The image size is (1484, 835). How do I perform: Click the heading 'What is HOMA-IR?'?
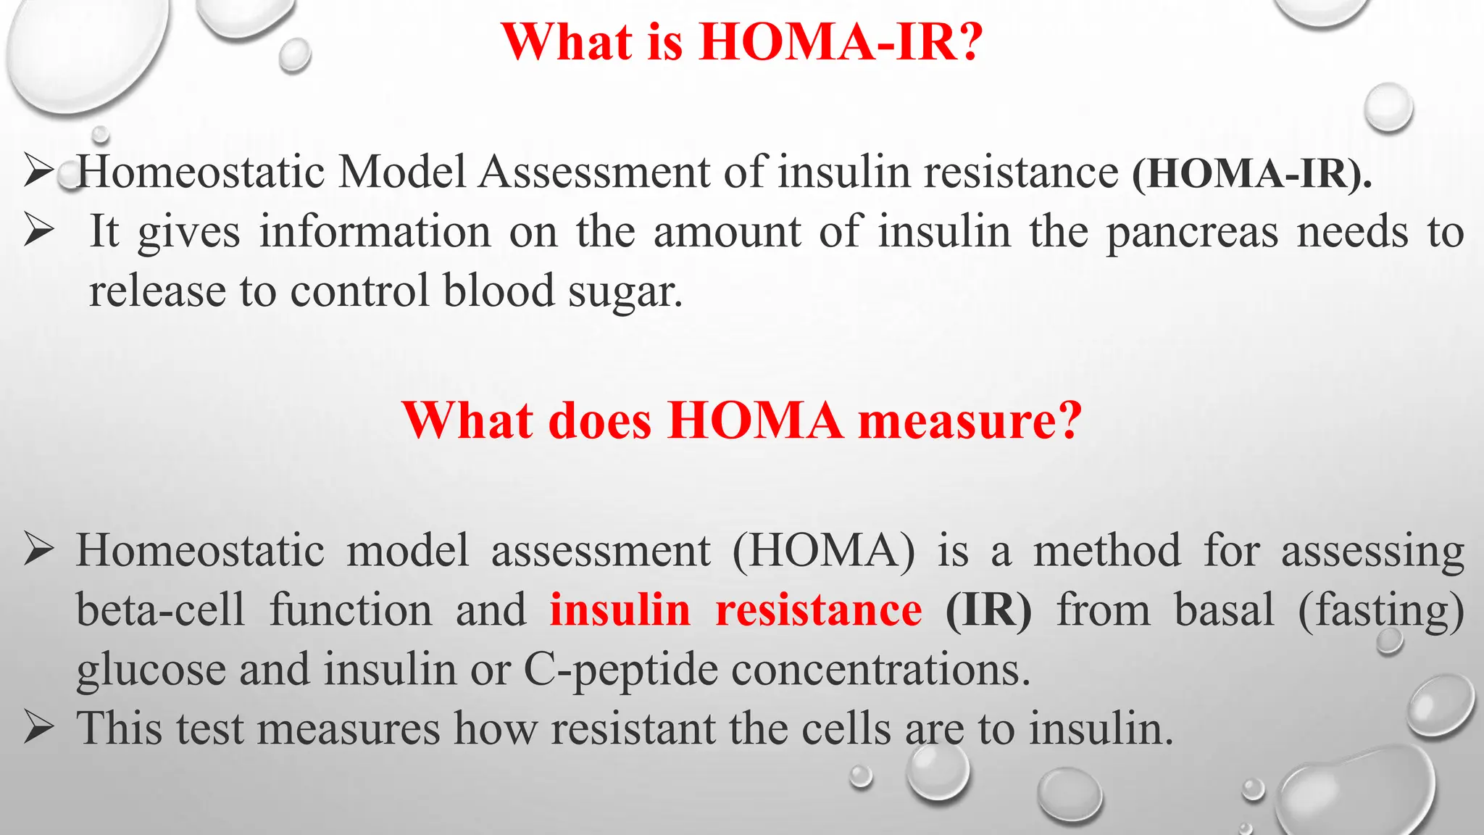click(741, 42)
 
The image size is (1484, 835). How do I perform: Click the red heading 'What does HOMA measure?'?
click(741, 420)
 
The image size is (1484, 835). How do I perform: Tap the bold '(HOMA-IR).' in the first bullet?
click(1252, 174)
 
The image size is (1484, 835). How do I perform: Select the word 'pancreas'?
click(1192, 233)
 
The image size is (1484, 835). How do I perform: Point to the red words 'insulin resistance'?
click(735, 610)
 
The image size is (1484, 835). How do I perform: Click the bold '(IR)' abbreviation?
click(988, 610)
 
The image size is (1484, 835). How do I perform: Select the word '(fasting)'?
click(1380, 610)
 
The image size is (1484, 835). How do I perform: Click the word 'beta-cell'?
click(161, 610)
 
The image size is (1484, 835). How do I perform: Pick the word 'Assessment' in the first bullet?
click(594, 174)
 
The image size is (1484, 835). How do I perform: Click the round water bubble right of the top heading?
click(1388, 107)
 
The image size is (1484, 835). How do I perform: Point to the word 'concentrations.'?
click(880, 670)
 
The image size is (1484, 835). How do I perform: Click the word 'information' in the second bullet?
click(375, 233)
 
